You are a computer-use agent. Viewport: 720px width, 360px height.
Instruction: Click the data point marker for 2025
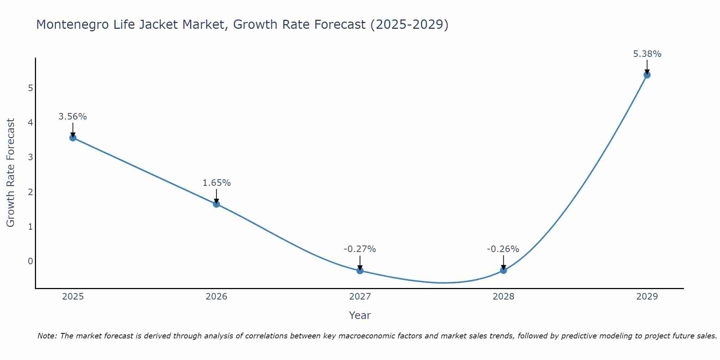click(x=73, y=138)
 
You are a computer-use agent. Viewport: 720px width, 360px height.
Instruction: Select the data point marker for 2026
click(x=216, y=204)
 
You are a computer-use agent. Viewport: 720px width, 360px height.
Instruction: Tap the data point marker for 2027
click(x=360, y=270)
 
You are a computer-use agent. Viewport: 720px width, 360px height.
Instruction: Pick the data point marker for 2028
click(x=503, y=270)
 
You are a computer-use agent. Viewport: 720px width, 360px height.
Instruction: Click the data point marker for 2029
click(x=647, y=75)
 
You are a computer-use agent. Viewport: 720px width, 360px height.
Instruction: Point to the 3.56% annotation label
click(x=73, y=117)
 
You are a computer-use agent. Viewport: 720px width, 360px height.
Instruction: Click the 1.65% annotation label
click(x=216, y=183)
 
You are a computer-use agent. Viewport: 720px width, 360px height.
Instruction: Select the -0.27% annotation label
click(x=360, y=249)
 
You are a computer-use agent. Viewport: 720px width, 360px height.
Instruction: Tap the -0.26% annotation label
click(x=503, y=249)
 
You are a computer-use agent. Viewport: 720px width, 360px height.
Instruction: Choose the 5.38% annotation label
click(x=647, y=54)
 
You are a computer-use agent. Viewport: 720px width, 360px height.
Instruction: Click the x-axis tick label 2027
click(x=360, y=297)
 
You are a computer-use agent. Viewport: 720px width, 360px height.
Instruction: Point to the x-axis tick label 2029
click(x=647, y=297)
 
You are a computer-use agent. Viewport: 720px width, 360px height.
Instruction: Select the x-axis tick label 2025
click(x=73, y=297)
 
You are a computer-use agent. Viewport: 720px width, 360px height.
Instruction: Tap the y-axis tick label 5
click(x=31, y=88)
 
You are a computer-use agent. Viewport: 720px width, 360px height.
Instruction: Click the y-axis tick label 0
click(x=31, y=261)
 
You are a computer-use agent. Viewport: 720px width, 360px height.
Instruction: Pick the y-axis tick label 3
click(x=31, y=157)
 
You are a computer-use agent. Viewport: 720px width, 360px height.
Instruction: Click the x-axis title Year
click(x=360, y=315)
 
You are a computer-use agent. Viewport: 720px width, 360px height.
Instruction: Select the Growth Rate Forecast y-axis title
click(x=11, y=173)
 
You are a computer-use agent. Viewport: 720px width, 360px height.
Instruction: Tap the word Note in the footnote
click(x=47, y=336)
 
